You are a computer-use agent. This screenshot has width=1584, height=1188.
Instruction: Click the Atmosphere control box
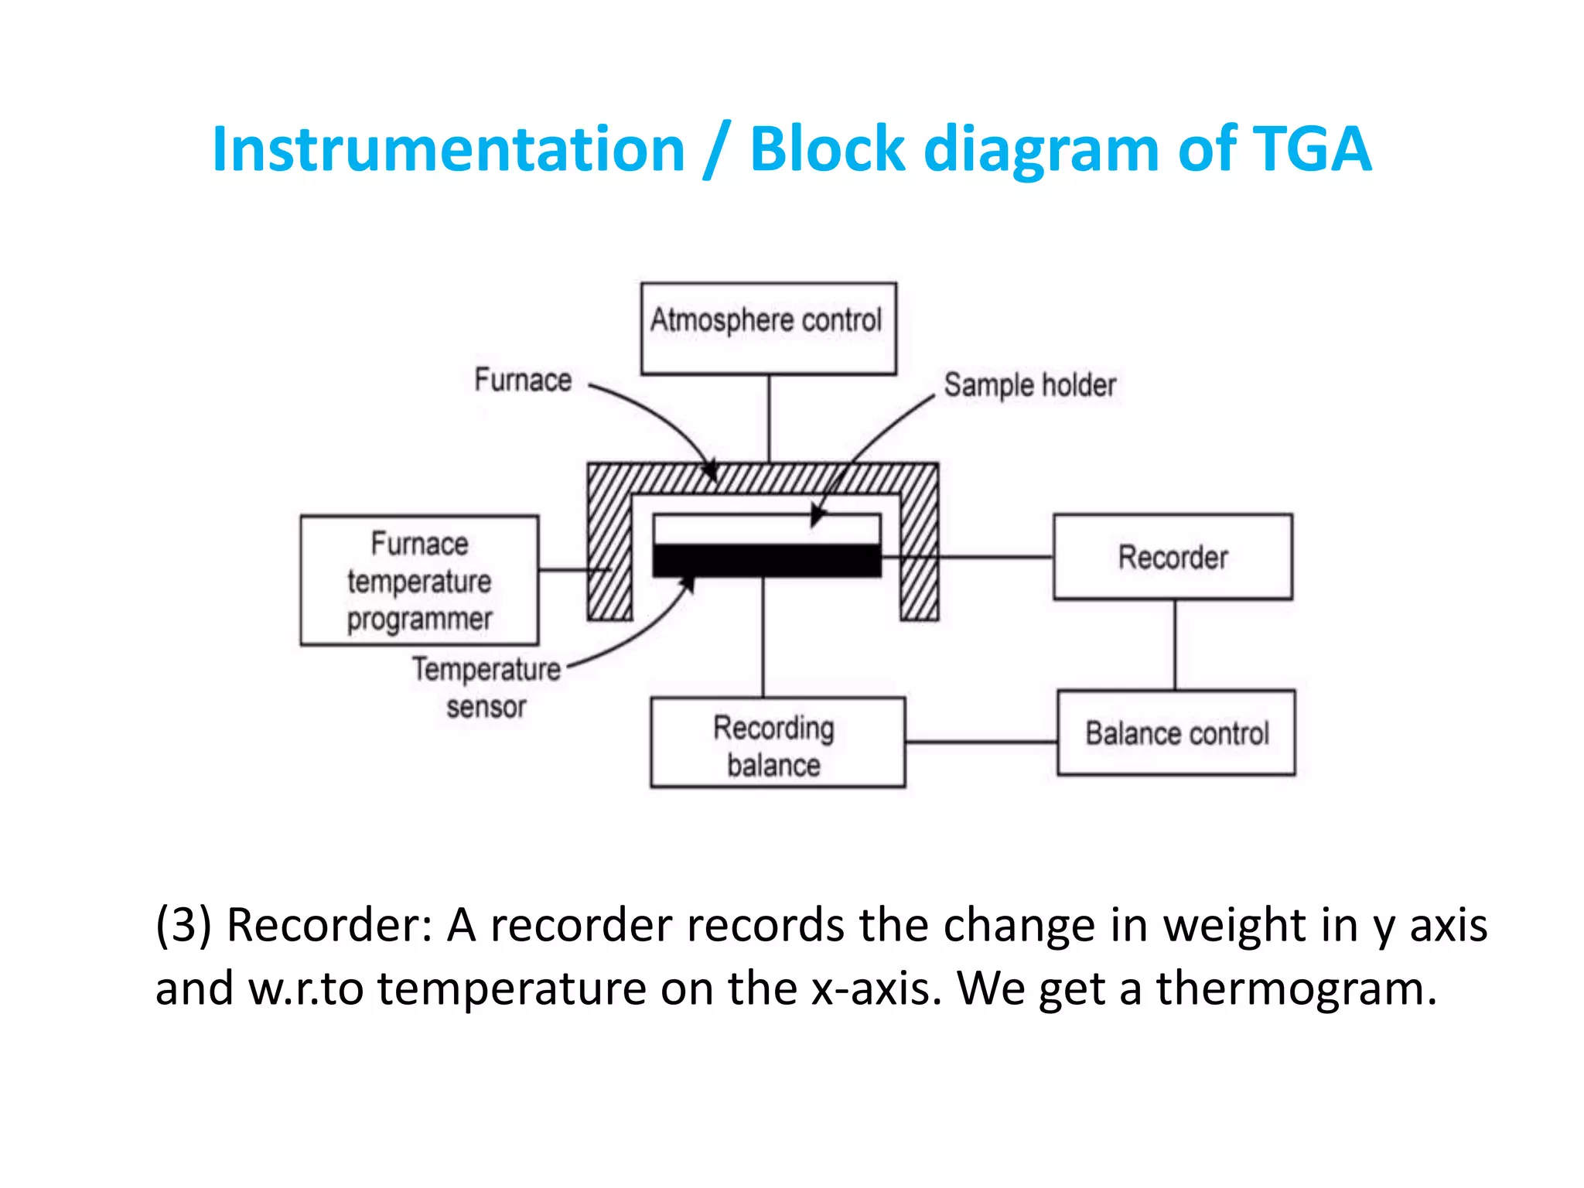pyautogui.click(x=768, y=329)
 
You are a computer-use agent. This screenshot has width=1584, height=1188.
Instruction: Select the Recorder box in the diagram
pyautogui.click(x=1173, y=557)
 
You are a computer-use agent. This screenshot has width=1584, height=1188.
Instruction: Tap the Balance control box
pyautogui.click(x=1176, y=733)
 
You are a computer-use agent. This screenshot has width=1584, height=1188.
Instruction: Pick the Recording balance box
pyautogui.click(x=777, y=743)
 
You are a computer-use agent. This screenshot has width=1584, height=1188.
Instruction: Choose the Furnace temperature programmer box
pyautogui.click(x=419, y=581)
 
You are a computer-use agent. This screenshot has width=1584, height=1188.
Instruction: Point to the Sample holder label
pyautogui.click(x=1029, y=384)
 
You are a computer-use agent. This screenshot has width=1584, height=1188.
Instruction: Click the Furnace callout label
pyautogui.click(x=523, y=380)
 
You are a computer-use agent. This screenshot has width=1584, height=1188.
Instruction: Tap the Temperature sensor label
pyautogui.click(x=486, y=687)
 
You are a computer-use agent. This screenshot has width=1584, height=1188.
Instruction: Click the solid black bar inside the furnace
pyautogui.click(x=766, y=560)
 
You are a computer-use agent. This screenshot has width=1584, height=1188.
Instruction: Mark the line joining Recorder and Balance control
pyautogui.click(x=1175, y=644)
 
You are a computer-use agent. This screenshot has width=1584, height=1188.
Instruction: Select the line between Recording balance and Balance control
pyautogui.click(x=981, y=742)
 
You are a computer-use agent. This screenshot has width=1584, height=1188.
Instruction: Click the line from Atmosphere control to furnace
pyautogui.click(x=768, y=418)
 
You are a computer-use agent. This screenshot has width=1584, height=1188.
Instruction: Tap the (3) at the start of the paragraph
pyautogui.click(x=183, y=924)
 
